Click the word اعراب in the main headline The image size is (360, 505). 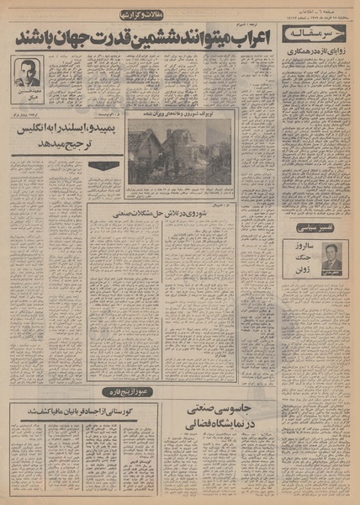[245, 39]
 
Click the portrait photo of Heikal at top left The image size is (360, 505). [29, 73]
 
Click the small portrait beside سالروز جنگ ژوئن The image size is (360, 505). [333, 256]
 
